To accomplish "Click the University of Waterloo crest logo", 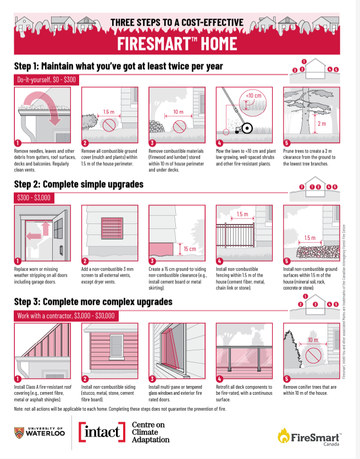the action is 19,433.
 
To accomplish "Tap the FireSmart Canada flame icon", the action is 284,435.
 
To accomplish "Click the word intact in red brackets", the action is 102,432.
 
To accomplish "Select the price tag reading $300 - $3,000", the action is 34,198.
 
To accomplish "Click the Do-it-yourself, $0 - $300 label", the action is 47,80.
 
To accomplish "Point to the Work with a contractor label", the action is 66,316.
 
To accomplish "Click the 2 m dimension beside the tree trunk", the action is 322,124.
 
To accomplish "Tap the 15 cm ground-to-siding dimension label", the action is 190,249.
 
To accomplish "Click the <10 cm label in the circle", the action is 253,96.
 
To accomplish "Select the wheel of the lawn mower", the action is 247,128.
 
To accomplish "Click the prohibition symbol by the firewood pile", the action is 179,126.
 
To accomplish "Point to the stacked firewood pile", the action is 157,126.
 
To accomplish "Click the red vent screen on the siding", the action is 112,228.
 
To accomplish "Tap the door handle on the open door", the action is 61,250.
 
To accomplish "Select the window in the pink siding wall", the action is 117,347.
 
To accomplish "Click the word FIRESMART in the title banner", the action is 154,43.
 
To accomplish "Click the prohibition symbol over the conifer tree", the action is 313,355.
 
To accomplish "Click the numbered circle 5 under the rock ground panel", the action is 287,261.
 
